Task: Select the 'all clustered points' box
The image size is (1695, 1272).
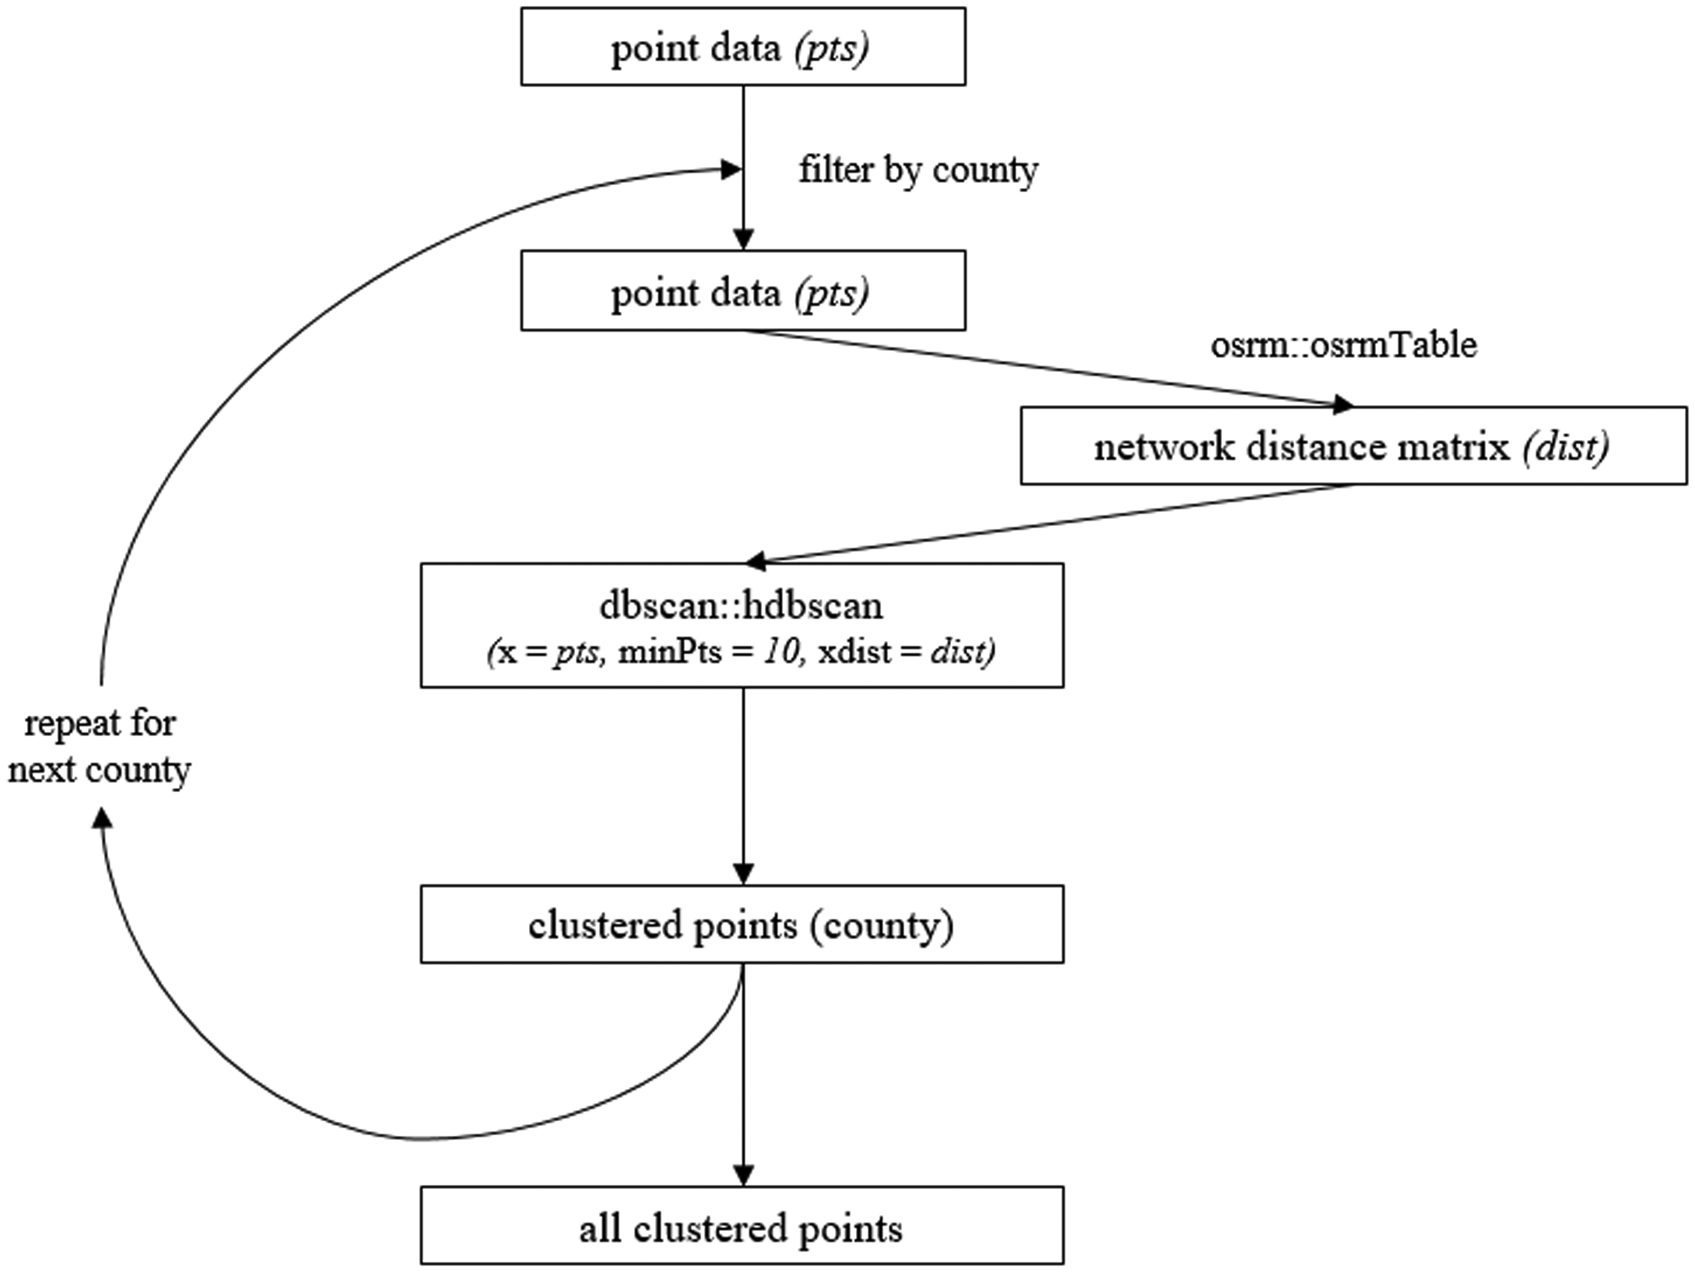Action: [x=742, y=1225]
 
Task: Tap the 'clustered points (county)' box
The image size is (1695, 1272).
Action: [x=742, y=924]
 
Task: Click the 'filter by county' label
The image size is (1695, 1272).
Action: [x=918, y=170]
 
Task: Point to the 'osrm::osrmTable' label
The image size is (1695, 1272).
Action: [x=1343, y=345]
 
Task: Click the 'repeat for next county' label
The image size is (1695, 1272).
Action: [x=100, y=747]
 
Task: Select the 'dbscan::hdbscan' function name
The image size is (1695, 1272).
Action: [x=741, y=606]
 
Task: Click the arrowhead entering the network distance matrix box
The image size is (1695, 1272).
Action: [x=1344, y=404]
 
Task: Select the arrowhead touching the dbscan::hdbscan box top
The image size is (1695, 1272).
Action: [x=756, y=561]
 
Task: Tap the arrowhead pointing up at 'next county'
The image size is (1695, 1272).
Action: [x=102, y=819]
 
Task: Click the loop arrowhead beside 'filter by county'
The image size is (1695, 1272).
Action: [x=731, y=169]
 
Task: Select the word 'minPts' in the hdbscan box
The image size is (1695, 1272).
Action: [x=670, y=652]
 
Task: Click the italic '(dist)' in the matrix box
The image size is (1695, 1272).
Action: [x=1566, y=447]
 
